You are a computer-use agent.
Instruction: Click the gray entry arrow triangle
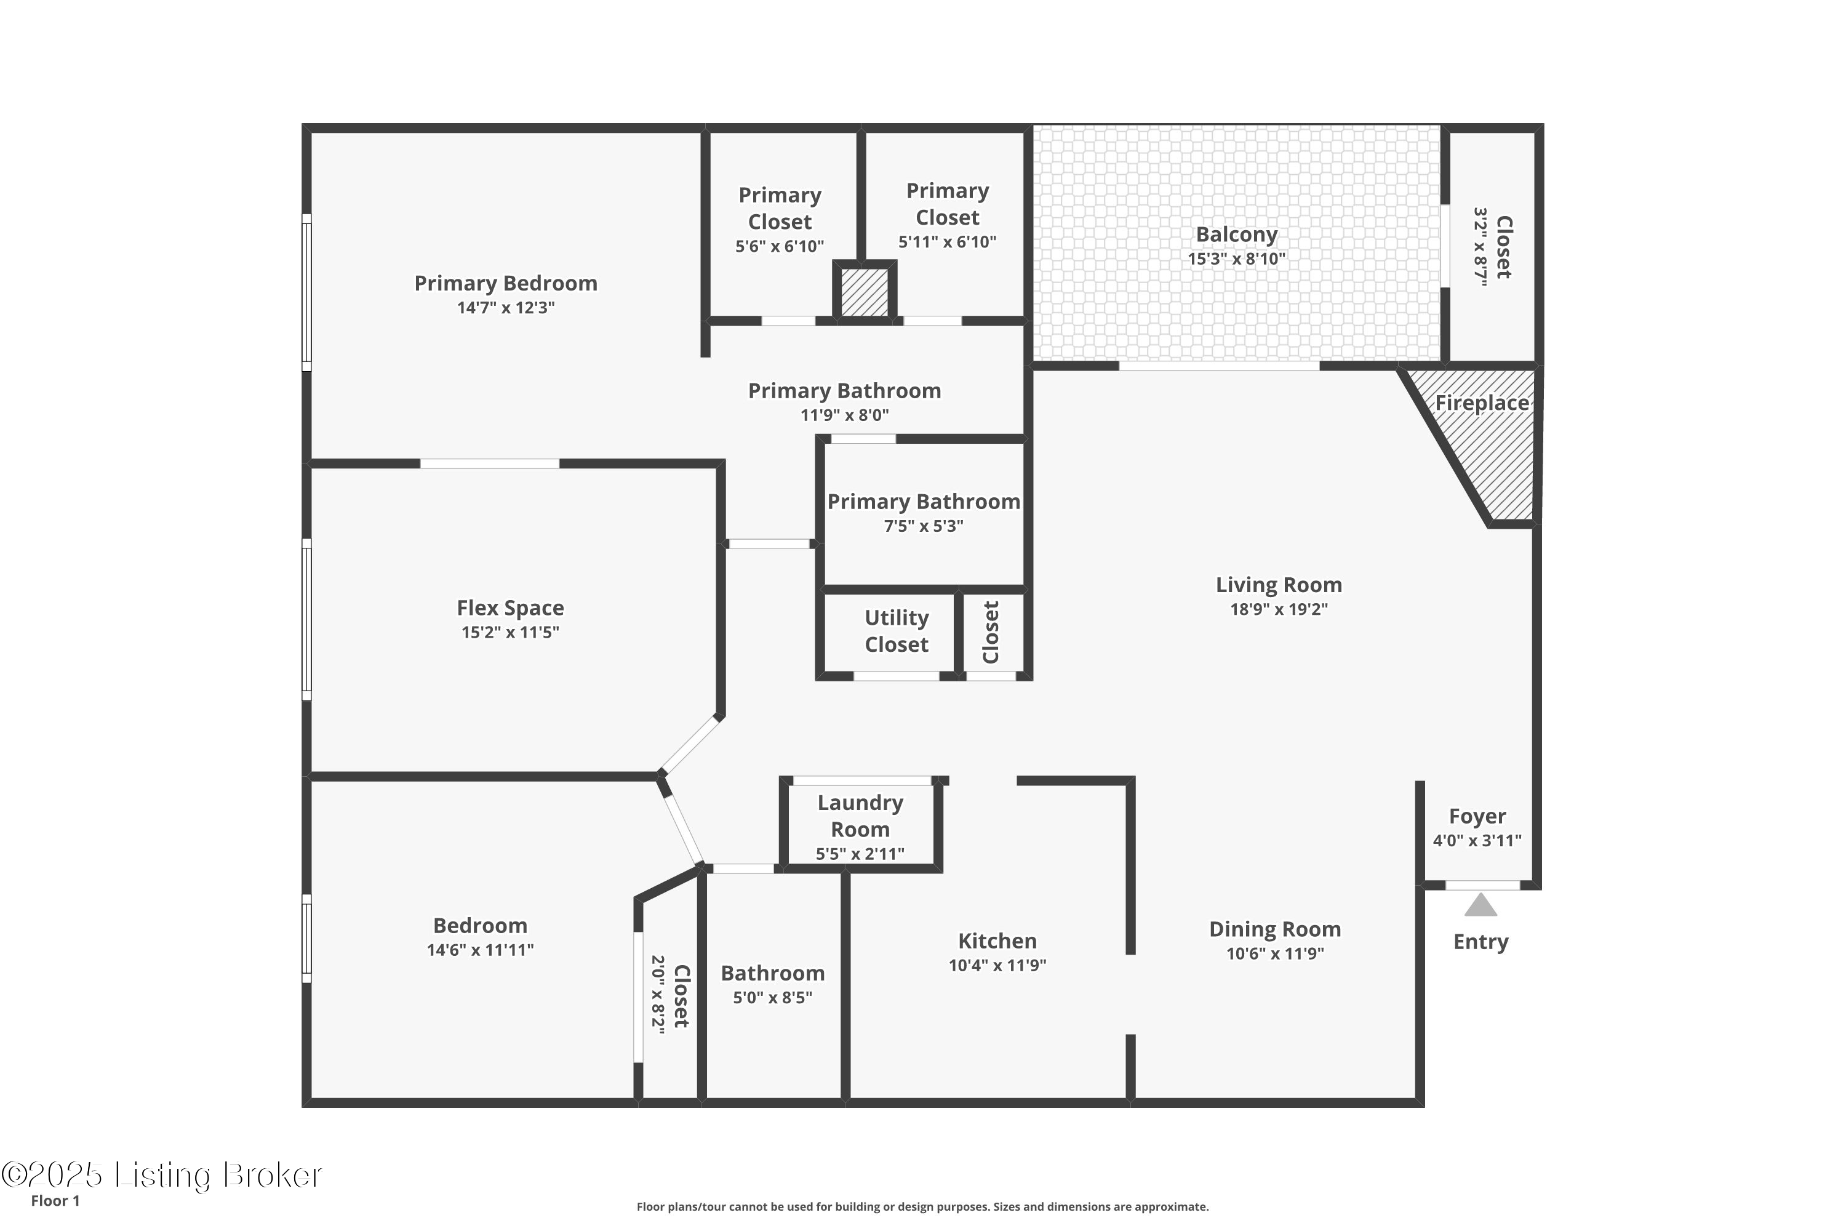coord(1480,906)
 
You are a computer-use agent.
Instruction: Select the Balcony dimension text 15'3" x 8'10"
coord(1236,259)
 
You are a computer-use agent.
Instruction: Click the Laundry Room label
coord(860,816)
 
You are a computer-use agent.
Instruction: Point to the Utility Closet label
coord(897,632)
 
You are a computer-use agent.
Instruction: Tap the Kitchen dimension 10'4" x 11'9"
coord(997,966)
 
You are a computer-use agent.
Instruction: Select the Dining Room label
coord(1274,929)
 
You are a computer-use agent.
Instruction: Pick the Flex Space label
coord(510,607)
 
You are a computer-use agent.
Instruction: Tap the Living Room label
coord(1279,585)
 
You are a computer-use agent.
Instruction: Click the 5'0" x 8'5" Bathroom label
coord(772,974)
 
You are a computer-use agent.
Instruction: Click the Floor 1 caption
coord(55,1200)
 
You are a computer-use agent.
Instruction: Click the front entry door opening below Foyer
coord(1482,886)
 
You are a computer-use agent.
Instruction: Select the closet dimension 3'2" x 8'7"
coord(1480,247)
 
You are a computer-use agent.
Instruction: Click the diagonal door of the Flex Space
coord(690,744)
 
